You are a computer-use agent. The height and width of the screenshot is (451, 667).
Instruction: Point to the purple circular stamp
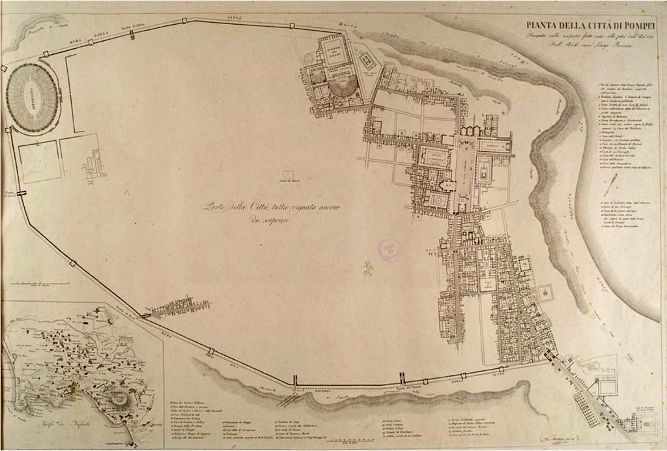[389, 250]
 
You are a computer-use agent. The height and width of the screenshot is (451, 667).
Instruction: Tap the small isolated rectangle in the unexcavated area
[288, 174]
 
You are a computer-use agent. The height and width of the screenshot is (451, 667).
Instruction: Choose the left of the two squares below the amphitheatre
[39, 162]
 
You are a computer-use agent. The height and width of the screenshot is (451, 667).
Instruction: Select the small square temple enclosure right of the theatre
[367, 61]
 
